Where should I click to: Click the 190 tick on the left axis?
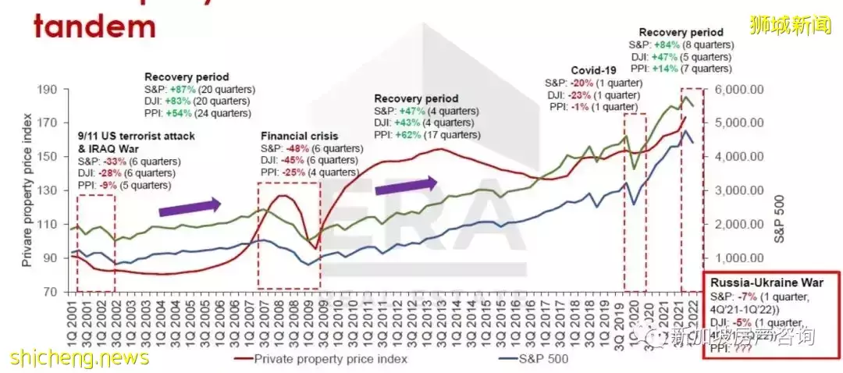click(49, 90)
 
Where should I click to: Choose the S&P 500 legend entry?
click(546, 360)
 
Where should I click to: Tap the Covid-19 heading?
click(594, 69)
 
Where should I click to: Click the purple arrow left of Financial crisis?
click(190, 207)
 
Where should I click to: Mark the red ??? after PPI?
click(742, 350)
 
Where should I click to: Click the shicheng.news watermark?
click(78, 357)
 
